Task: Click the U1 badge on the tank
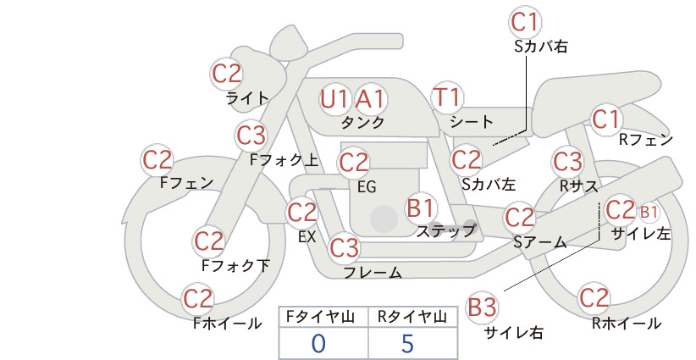pos(334,99)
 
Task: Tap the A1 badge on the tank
pos(371,99)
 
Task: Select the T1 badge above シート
pos(447,97)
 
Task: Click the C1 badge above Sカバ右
pos(526,22)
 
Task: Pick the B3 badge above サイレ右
pos(483,307)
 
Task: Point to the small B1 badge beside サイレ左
pos(649,213)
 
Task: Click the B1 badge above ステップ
pos(420,208)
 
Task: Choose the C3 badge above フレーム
pos(345,247)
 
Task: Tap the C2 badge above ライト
pos(227,74)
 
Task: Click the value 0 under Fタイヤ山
pos(318,343)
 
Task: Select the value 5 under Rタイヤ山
pos(407,343)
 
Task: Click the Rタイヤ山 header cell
pos(413,317)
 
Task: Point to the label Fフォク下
pos(235,265)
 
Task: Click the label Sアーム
pos(540,242)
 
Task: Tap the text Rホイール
pos(627,324)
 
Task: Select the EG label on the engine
pos(367,187)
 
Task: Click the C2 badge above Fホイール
pos(198,299)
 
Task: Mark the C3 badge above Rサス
pos(567,161)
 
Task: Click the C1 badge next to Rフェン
pos(606,119)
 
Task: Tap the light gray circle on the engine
pos(384,219)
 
